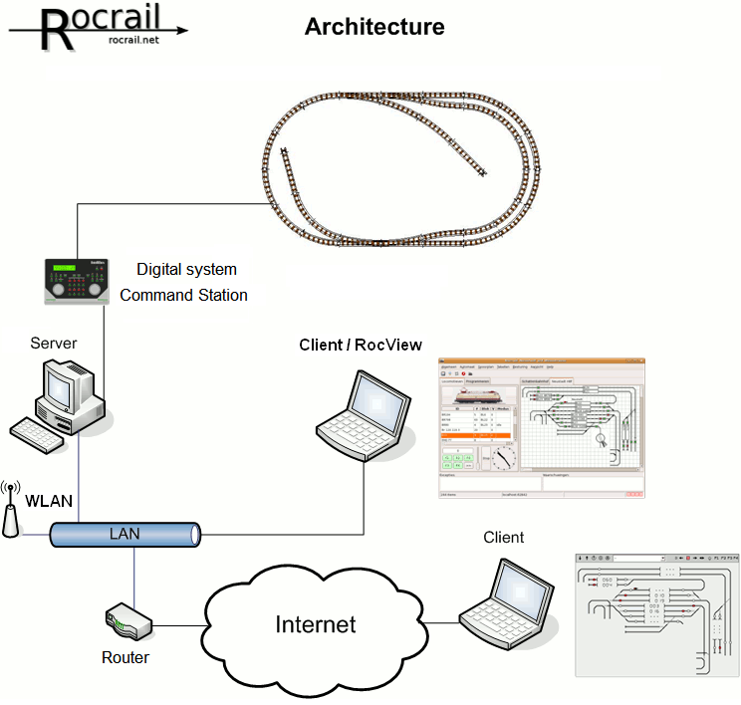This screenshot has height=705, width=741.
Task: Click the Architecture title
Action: pos(374,27)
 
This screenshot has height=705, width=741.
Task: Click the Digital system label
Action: pos(186,269)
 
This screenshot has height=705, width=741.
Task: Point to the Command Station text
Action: pos(183,295)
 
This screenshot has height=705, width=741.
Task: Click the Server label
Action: pos(53,344)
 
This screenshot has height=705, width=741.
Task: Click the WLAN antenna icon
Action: pos(11,509)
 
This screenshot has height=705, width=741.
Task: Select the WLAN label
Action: pos(49,501)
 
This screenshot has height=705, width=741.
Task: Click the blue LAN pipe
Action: pos(124,535)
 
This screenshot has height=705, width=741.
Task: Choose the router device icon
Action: pos(129,624)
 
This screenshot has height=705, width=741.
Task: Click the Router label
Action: pos(125,658)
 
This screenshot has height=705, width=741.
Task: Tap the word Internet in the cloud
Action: pos(315,624)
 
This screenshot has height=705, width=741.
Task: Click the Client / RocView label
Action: pos(361,345)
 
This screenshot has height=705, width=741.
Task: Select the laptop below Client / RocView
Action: pos(364,410)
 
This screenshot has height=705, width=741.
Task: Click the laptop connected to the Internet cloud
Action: pos(511,601)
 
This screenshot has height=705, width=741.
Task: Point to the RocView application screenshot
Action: pos(542,428)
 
